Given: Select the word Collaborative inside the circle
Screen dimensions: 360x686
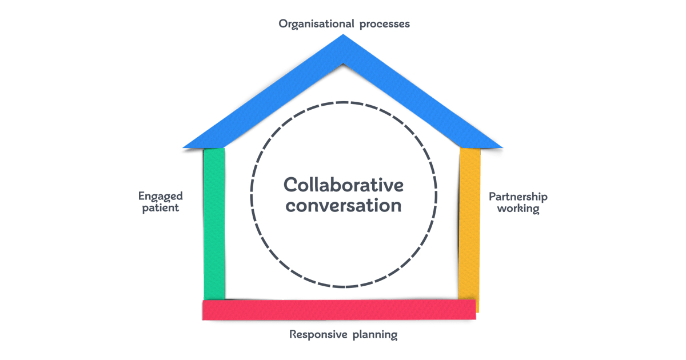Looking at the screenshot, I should coord(344,186).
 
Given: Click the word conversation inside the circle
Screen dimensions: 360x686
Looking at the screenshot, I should coord(344,205).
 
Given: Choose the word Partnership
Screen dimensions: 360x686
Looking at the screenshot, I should coord(518,197).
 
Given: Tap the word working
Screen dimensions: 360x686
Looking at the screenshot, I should coord(518,208).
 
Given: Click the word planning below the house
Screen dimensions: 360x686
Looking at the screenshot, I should coord(373,335).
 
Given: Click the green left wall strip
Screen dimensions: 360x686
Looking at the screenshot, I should coord(214,223).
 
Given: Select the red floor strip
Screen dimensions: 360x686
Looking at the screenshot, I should coord(339,309).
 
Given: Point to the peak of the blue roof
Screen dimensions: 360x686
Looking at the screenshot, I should coord(343,38).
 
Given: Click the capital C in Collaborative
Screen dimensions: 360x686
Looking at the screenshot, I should coord(291,186).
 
